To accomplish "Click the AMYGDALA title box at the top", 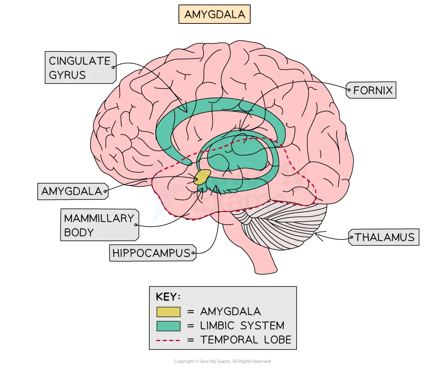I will (214, 15).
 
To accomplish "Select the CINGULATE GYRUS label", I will (80, 68).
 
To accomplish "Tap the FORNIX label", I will (372, 90).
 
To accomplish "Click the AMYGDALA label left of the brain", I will (72, 191).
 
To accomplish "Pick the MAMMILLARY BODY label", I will (99, 225).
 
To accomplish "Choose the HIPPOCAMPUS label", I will (152, 253).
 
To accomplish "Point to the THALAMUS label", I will (384, 237).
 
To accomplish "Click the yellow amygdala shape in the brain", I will (202, 177).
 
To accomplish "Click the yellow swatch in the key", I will (168, 312).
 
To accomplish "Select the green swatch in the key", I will (168, 326).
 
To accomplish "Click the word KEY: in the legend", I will (168, 297).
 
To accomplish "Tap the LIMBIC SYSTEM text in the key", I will (242, 326).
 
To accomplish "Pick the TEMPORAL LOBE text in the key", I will (246, 340).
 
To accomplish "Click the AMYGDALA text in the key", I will (230, 312).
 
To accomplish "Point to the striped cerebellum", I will (283, 227).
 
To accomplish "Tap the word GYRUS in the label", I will (67, 75).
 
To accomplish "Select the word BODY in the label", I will (79, 232).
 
